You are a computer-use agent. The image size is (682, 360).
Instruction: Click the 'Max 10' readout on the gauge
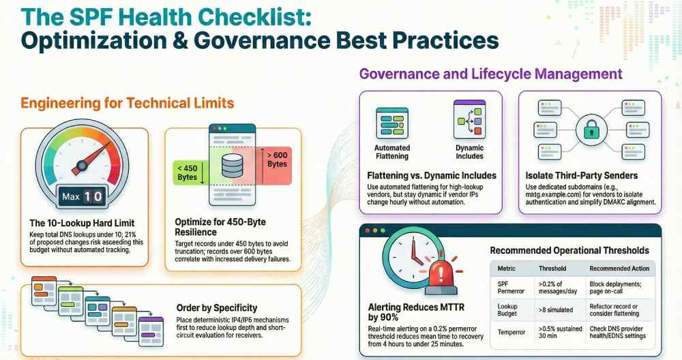[82, 196]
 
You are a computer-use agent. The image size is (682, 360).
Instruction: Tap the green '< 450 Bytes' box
[189, 172]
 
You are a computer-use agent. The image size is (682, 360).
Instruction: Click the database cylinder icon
[233, 166]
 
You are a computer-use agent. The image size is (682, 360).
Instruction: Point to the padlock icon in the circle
[591, 130]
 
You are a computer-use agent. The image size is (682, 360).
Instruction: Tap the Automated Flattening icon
[392, 123]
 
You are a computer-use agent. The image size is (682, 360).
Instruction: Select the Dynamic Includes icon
[469, 119]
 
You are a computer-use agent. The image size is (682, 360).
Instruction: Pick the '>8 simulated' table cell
[555, 310]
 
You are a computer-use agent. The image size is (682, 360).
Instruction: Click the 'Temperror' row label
[511, 332]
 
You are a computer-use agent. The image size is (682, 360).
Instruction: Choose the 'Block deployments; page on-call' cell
[615, 288]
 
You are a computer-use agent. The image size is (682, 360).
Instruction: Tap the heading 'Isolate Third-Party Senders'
[582, 176]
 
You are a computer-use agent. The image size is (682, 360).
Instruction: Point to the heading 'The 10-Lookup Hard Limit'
[82, 223]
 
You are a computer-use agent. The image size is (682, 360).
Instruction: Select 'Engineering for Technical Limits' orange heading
[128, 103]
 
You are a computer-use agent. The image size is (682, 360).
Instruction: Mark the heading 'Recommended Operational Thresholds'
[569, 250]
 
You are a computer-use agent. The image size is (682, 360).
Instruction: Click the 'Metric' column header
[506, 269]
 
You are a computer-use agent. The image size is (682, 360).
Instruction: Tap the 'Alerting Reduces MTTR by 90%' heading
[416, 312]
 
